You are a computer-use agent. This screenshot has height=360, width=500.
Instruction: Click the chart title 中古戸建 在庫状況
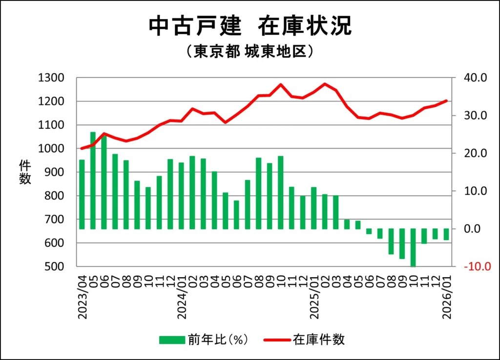click(x=250, y=26)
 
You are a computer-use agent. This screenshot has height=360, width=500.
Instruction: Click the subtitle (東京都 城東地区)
click(x=250, y=52)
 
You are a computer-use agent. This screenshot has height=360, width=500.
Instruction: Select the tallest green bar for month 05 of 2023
click(x=93, y=180)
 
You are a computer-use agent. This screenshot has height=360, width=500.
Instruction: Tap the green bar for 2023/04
click(x=82, y=194)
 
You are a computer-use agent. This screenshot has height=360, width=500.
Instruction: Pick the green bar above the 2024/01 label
click(x=181, y=196)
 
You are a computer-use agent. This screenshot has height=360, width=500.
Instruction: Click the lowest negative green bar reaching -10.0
click(x=413, y=247)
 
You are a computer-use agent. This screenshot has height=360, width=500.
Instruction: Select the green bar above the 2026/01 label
click(x=446, y=234)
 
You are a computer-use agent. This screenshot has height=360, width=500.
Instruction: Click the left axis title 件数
click(x=25, y=172)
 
